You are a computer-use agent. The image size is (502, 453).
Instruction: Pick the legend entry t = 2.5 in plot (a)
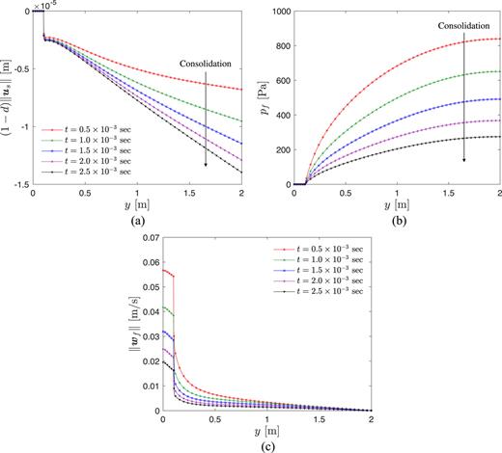(x=88, y=170)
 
